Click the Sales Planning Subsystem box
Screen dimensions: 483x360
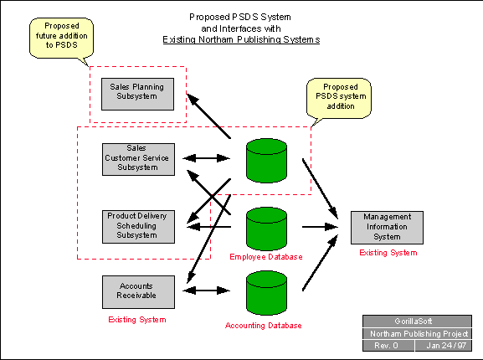tap(137, 94)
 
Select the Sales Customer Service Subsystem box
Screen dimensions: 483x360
tap(138, 159)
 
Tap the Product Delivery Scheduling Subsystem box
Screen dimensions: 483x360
tap(138, 227)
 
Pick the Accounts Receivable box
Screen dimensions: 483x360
tap(138, 292)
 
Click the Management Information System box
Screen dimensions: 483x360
tap(387, 228)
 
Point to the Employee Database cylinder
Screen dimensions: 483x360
tap(266, 229)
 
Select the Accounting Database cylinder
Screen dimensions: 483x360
tap(266, 292)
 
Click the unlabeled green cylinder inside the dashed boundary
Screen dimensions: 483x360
tap(266, 161)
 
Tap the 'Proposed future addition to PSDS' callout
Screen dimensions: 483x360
tap(61, 38)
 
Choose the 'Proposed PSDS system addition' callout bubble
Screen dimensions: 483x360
tap(340, 98)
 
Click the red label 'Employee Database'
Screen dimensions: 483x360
tap(266, 257)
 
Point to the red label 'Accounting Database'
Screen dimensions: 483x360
tap(264, 326)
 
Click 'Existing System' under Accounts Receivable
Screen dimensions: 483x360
tap(137, 320)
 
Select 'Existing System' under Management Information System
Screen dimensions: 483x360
tap(388, 253)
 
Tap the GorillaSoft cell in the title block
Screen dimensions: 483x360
tap(417, 321)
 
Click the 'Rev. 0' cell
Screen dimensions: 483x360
tap(388, 346)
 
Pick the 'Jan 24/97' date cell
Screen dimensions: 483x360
tap(444, 346)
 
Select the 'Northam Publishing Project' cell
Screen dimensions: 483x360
tap(417, 333)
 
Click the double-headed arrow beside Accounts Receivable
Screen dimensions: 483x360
tap(207, 291)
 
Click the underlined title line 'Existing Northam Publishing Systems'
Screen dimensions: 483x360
tap(241, 40)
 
